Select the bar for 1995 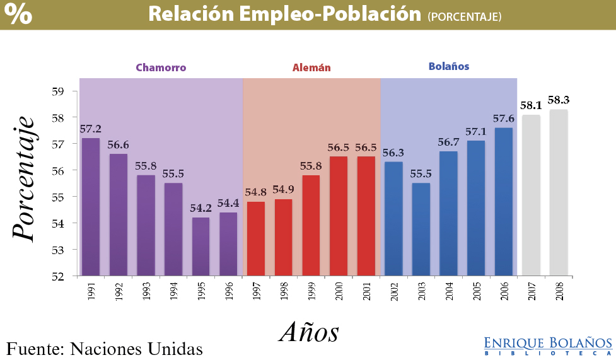(x=201, y=247)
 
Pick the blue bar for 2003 (x=421, y=229)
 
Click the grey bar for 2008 (x=559, y=192)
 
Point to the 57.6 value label (x=504, y=119)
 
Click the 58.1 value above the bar (x=532, y=106)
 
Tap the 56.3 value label (x=393, y=153)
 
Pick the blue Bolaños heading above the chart (x=449, y=66)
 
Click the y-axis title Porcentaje (x=23, y=177)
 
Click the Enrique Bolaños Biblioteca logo (x=548, y=345)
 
